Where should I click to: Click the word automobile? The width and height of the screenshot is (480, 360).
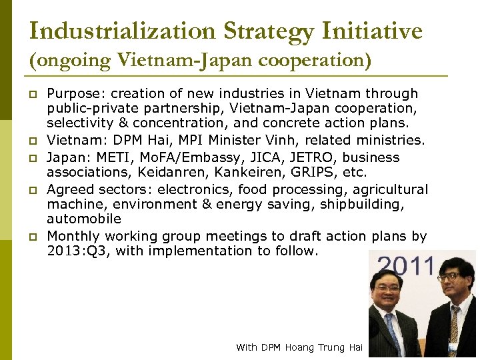(83, 219)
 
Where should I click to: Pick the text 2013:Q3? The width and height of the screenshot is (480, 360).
(74, 251)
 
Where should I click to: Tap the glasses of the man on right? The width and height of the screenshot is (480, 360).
(449, 277)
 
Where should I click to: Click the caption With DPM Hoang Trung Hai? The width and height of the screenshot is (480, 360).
(299, 347)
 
